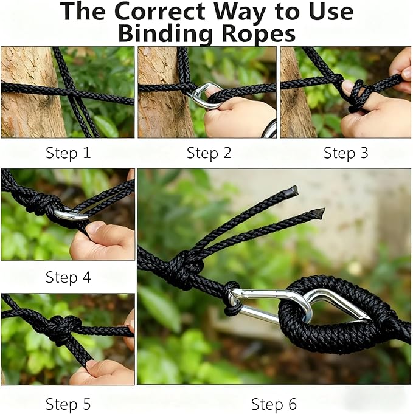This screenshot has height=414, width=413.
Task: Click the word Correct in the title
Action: (x=160, y=12)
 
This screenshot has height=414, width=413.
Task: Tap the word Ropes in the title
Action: (x=259, y=33)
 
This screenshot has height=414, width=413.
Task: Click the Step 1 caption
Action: (x=68, y=153)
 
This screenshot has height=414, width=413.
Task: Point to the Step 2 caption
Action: (x=209, y=153)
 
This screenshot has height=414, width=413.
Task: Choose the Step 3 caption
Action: (x=345, y=153)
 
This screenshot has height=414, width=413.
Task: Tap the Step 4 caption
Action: (x=68, y=277)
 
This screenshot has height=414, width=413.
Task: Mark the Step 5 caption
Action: (x=68, y=404)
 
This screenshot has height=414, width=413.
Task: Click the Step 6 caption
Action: (x=274, y=404)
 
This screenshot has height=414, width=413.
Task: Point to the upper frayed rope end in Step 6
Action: (x=293, y=190)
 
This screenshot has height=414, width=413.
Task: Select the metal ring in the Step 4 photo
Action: (x=72, y=215)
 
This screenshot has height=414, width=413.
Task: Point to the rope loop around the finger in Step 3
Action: (x=357, y=95)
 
